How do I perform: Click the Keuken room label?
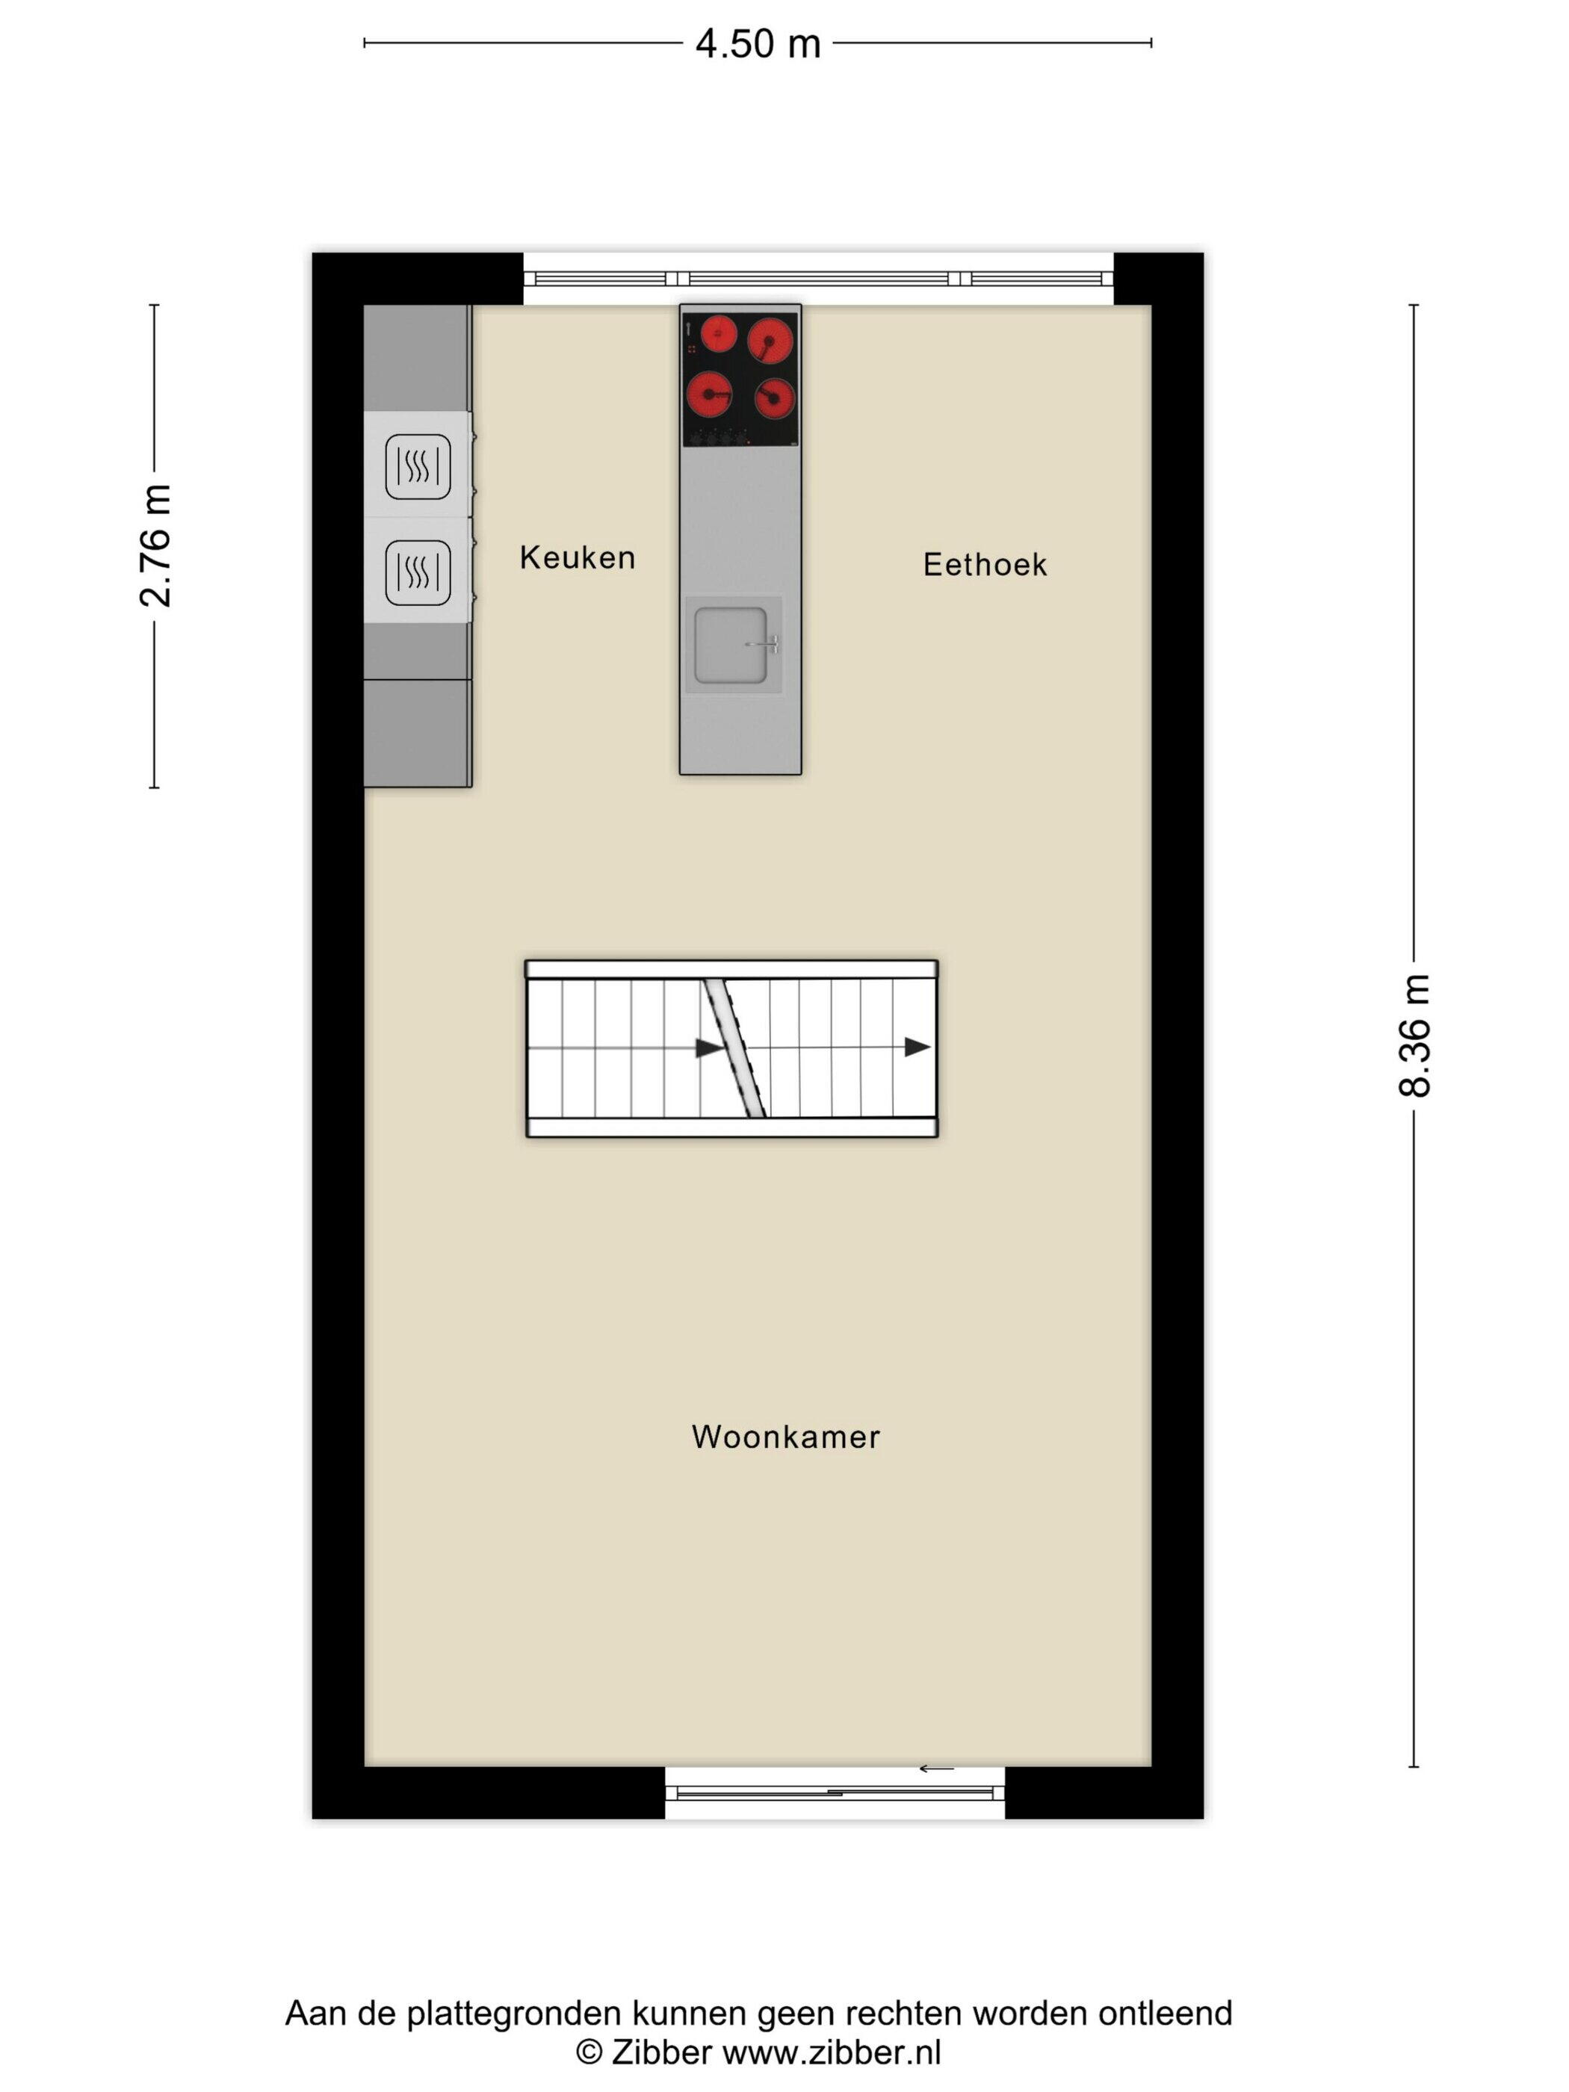click(577, 557)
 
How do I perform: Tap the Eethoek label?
click(985, 565)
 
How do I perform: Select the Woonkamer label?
click(785, 1437)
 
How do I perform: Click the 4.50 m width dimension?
click(758, 43)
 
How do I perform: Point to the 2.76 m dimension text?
click(156, 545)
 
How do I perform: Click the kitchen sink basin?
click(730, 645)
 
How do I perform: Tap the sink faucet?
click(764, 644)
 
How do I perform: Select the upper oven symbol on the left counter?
click(417, 466)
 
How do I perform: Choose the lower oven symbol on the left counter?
click(417, 572)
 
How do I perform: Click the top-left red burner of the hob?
click(719, 333)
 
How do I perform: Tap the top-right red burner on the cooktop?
click(771, 341)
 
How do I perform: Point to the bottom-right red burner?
click(775, 399)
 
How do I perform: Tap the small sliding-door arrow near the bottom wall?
click(937, 1768)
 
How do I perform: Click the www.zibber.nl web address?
click(832, 2052)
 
